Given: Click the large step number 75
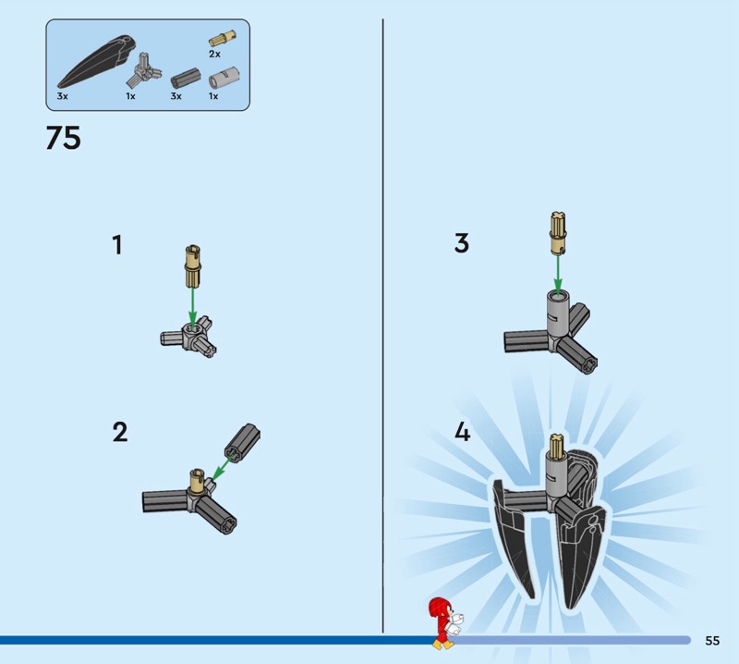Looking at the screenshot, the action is click(x=63, y=138).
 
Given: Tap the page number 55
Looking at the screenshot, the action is click(x=712, y=640).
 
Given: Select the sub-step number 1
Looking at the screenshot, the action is click(x=117, y=245).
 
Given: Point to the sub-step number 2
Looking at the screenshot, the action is click(x=120, y=432).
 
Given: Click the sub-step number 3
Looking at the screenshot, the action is click(x=461, y=243).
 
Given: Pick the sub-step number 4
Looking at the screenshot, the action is click(x=463, y=432).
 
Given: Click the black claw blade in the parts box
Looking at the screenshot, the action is click(x=97, y=61).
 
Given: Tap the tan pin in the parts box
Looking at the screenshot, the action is click(x=223, y=38).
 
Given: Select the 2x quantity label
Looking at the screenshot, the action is click(x=214, y=55).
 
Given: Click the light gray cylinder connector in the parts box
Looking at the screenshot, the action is click(x=224, y=78).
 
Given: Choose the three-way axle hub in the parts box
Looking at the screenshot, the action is click(x=143, y=70).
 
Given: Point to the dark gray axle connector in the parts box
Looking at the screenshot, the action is click(x=186, y=79).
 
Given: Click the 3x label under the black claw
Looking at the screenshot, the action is click(x=62, y=96).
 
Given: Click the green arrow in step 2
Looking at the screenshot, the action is click(x=221, y=471).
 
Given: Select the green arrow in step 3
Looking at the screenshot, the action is click(x=558, y=274).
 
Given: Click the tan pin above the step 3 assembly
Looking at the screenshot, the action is click(x=557, y=234).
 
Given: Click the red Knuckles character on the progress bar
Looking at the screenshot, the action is click(x=445, y=622).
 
